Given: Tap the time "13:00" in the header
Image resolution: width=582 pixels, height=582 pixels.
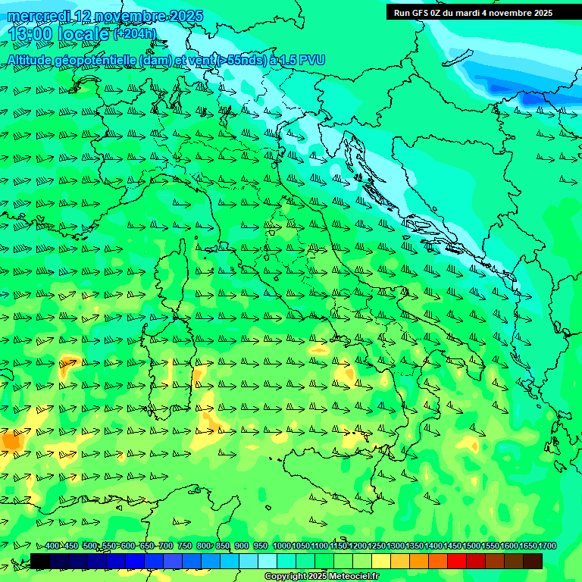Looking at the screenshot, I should click(30, 34).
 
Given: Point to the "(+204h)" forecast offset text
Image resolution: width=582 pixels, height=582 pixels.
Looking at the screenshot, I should click(135, 33).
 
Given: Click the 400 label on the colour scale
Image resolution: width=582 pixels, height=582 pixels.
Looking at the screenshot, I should click(52, 546).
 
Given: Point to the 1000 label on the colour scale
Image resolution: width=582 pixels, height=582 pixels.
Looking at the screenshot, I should click(281, 546).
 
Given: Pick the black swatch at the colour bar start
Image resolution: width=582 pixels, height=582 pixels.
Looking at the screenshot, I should click(40, 561).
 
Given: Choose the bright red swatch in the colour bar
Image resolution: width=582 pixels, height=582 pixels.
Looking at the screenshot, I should click(457, 561).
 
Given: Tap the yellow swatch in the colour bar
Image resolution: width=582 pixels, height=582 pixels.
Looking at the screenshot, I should click(381, 561).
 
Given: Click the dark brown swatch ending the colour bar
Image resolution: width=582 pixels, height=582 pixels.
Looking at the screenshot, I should click(533, 561).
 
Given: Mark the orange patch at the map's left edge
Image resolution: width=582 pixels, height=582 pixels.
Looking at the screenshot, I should click(11, 439).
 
